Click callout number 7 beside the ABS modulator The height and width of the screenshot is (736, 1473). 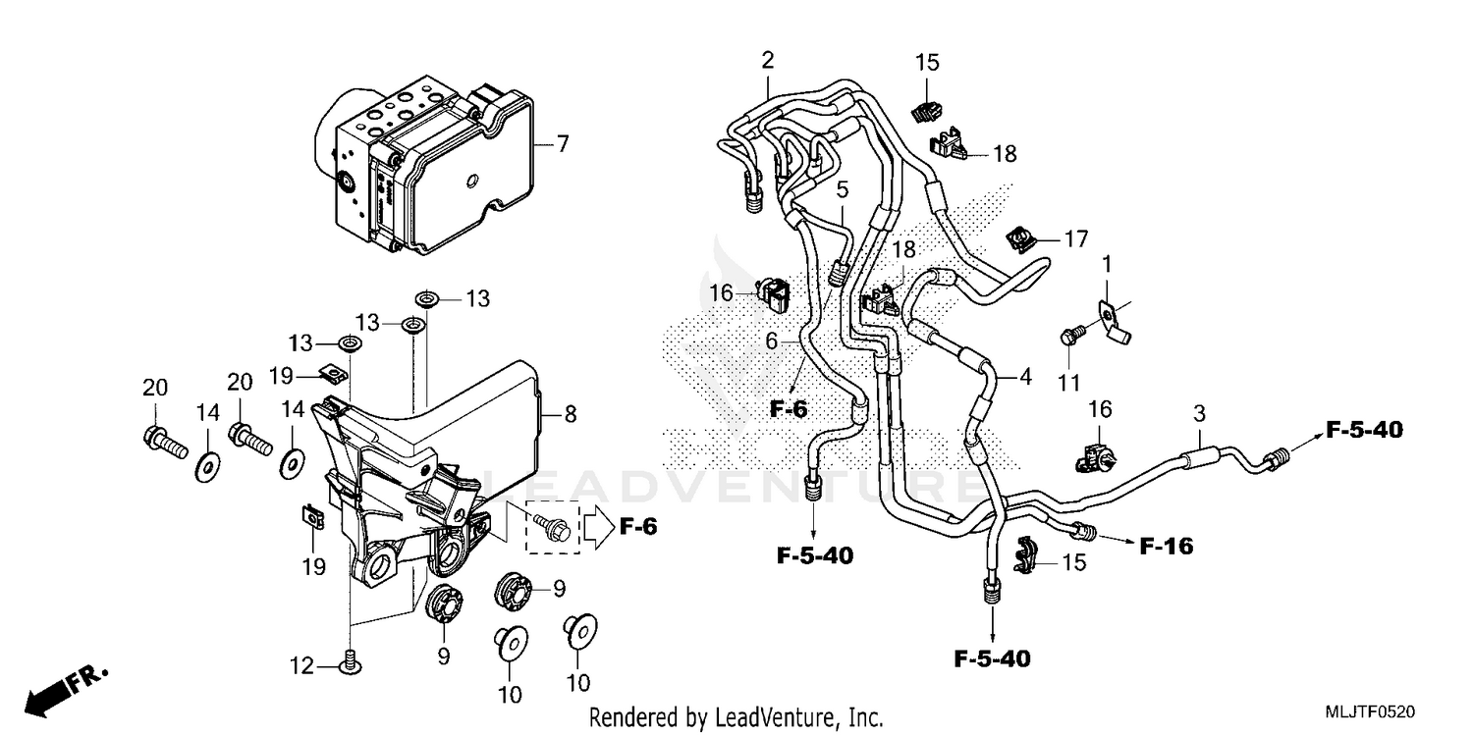pos(563,144)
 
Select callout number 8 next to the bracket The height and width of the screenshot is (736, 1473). pos(571,415)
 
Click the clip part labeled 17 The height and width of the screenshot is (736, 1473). pos(1020,238)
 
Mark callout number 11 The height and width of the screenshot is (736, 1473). pos(1068,381)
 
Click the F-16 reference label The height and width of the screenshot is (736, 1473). pos(1166,546)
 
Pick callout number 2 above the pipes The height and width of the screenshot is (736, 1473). pos(767,60)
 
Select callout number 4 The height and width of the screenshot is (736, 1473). pos(1025,375)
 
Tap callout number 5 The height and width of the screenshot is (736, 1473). pos(843,186)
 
